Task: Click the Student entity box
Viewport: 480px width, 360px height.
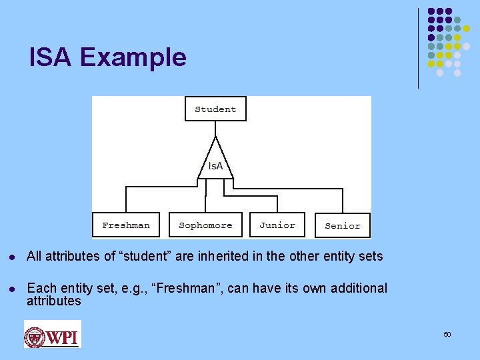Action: point(215,109)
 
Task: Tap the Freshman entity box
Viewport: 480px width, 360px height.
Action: point(126,225)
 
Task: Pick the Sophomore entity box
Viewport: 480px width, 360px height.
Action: point(205,225)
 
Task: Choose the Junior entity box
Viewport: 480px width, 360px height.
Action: point(277,225)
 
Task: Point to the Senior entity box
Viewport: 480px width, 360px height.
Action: point(342,226)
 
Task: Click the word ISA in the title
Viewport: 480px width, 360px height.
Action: point(51,57)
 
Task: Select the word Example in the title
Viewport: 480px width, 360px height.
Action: point(133,58)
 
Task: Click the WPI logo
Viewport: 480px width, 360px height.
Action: point(52,334)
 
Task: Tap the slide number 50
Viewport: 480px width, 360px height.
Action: point(447,334)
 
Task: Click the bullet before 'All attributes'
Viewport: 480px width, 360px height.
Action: point(13,257)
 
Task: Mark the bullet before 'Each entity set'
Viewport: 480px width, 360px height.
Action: point(13,289)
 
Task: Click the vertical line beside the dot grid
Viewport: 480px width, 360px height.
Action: point(419,48)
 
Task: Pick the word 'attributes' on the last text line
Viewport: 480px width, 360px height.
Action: point(53,301)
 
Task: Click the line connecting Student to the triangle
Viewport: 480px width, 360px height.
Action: point(215,129)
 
